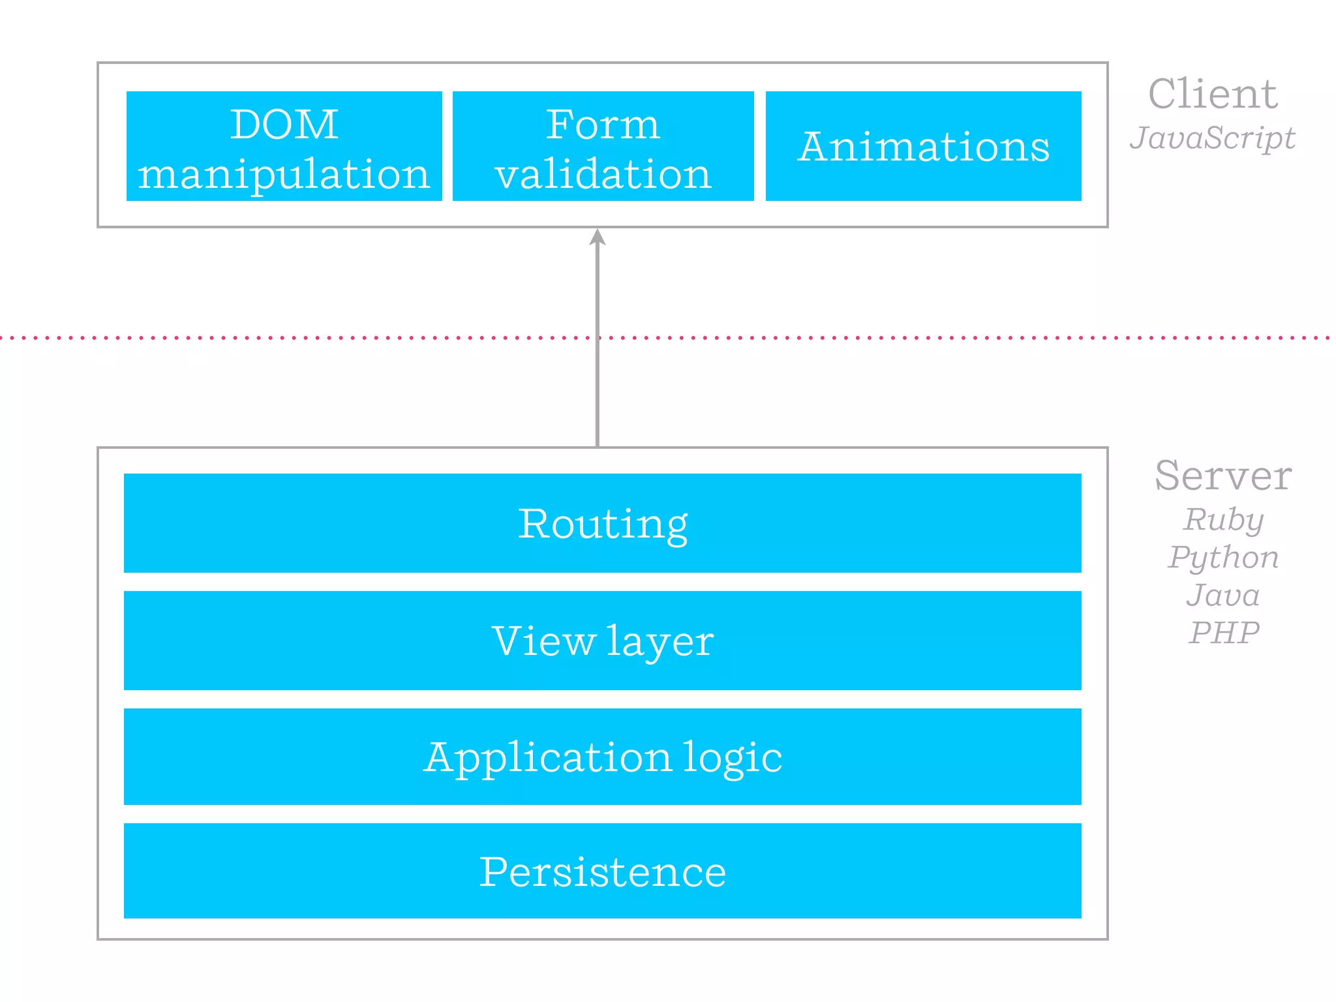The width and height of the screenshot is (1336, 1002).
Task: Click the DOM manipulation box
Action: (x=284, y=146)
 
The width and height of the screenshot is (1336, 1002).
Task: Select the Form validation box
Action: (x=603, y=146)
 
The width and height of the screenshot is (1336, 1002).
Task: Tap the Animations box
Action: (x=923, y=146)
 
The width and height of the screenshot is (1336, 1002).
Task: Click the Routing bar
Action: (x=602, y=523)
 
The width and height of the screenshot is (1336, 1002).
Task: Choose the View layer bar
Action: (x=602, y=641)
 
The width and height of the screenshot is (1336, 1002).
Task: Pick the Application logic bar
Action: (x=602, y=757)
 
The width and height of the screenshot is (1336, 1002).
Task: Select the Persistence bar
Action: (x=602, y=871)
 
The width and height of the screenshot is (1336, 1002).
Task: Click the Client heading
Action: (x=1212, y=94)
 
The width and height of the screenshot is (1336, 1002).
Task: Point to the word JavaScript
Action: (x=1212, y=138)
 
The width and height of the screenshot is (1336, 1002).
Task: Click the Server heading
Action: (x=1222, y=476)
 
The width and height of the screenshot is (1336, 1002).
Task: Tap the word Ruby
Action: (x=1224, y=520)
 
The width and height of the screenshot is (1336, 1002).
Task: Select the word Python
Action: (x=1224, y=558)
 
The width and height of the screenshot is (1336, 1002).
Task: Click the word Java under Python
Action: (x=1223, y=595)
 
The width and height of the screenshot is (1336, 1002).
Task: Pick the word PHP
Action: (x=1224, y=632)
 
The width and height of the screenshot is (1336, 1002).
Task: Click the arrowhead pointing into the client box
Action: (x=598, y=237)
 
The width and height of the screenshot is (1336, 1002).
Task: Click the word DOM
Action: (x=284, y=124)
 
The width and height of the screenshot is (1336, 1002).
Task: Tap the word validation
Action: (x=603, y=174)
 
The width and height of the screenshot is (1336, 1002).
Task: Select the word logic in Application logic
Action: (x=733, y=758)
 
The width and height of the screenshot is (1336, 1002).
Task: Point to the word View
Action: (x=544, y=641)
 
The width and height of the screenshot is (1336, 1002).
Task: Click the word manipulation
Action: (x=284, y=175)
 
